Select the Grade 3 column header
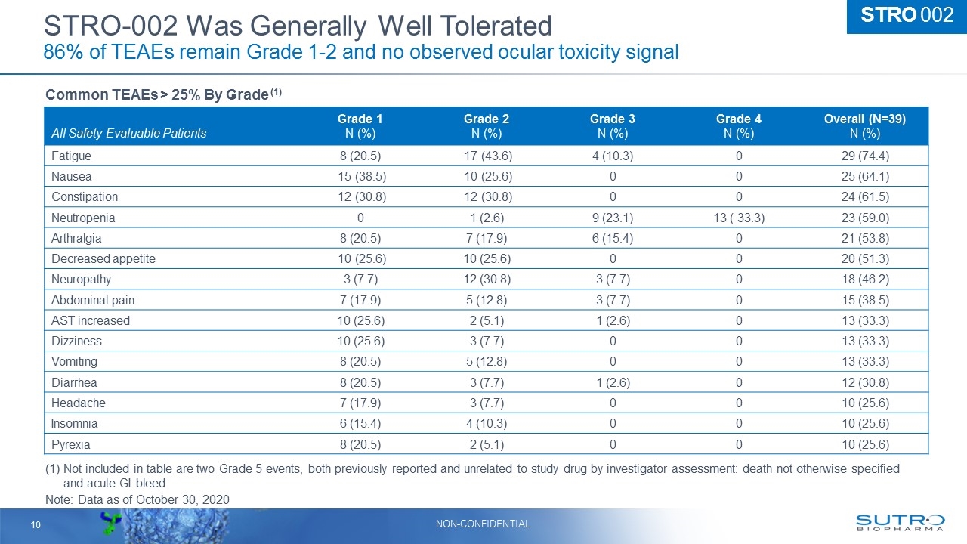pos(612,126)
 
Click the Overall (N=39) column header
pos(865,126)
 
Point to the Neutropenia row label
pos(83,218)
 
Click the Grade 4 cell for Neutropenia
pos(738,218)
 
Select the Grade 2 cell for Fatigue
pos(487,156)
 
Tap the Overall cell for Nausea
pos(865,176)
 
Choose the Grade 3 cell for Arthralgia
pos(612,238)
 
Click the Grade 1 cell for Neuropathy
pos(360,279)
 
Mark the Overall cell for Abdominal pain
pos(865,300)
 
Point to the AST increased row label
pos(91,320)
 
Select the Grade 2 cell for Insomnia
pos(487,423)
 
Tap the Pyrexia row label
pos(70,444)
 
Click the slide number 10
pos(35,524)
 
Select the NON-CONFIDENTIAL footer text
pos(483,524)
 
